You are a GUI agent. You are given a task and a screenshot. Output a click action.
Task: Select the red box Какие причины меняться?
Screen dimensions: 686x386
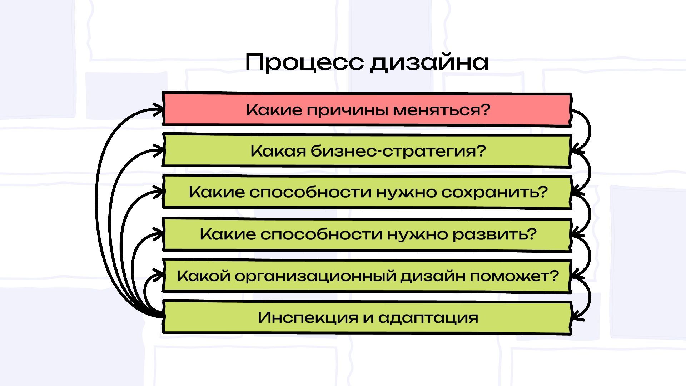367,109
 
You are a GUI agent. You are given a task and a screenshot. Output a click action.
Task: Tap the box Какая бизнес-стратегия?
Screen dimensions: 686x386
367,151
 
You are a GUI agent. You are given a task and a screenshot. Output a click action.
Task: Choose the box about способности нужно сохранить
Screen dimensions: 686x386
367,192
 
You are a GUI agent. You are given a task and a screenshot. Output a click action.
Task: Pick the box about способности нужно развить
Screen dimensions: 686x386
367,234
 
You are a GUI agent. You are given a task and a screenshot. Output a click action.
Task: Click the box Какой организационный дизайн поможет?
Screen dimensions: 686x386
367,276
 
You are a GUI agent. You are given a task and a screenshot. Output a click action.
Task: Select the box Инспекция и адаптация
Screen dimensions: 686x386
367,317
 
